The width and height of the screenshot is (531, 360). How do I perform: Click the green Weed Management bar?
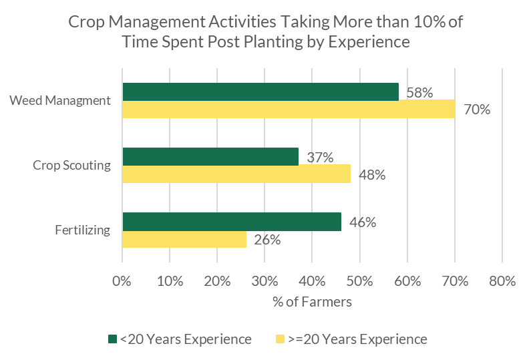[x=260, y=92]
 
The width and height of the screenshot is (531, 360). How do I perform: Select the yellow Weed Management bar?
[x=289, y=109]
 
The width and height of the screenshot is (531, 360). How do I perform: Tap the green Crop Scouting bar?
[x=210, y=156]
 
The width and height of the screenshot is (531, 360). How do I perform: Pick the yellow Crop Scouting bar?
[x=236, y=174]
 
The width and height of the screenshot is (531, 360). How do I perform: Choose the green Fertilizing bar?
[x=232, y=222]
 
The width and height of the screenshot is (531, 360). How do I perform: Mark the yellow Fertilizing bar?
[x=184, y=238]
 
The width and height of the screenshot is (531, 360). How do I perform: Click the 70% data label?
[x=477, y=110]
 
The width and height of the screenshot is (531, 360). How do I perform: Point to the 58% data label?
[x=419, y=93]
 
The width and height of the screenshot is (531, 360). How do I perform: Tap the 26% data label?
[x=267, y=240]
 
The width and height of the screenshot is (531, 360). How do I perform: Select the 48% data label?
[x=371, y=175]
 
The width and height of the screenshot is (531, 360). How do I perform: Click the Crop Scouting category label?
[x=71, y=165]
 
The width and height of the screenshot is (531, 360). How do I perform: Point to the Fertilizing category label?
[x=83, y=230]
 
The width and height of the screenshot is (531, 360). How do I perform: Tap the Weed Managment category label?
[x=59, y=100]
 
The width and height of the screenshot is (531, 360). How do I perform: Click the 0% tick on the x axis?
[x=122, y=281]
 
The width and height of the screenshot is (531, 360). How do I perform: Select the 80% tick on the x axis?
[x=502, y=281]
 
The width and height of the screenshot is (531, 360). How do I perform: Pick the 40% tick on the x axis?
[x=312, y=281]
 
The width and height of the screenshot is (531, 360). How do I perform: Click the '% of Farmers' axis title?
[x=312, y=302]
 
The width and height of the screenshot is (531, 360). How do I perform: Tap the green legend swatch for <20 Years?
[x=112, y=339]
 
